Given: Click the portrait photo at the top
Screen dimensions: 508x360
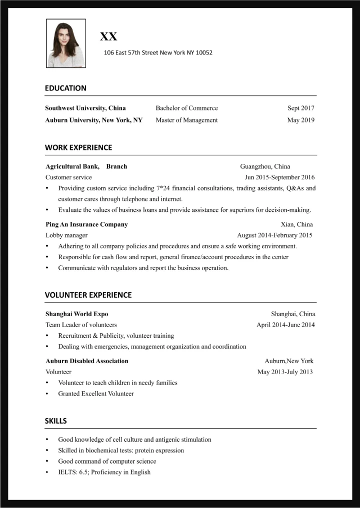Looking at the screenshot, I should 66,43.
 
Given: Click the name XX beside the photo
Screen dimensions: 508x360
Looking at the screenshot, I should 108,36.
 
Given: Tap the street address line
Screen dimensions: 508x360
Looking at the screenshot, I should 157,52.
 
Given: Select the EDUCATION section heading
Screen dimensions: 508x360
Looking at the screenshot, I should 65,88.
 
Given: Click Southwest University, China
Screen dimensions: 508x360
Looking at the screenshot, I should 85,108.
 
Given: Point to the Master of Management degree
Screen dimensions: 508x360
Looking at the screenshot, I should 186,120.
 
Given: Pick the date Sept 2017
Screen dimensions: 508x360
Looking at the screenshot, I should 300,108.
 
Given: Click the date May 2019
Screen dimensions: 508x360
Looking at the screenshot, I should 300,120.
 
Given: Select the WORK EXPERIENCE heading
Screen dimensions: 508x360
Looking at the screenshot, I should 78,147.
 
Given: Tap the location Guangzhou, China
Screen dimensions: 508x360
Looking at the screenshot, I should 265,166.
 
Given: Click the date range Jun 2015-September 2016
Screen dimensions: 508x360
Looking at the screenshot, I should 279,177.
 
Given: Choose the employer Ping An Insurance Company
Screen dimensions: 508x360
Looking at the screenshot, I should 86,224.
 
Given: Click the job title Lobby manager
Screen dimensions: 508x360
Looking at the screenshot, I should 66,235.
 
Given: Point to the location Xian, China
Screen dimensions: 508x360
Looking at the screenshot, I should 297,224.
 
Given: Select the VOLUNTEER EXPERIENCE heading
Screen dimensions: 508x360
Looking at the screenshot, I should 88,295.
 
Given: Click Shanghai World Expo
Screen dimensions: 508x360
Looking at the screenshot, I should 76,314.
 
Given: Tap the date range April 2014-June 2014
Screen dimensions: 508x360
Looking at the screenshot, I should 285,325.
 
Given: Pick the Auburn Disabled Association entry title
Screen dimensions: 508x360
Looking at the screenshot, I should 87,361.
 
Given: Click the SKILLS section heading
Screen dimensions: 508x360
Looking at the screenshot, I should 56,421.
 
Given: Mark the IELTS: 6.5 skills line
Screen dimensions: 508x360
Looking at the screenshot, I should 104,472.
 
